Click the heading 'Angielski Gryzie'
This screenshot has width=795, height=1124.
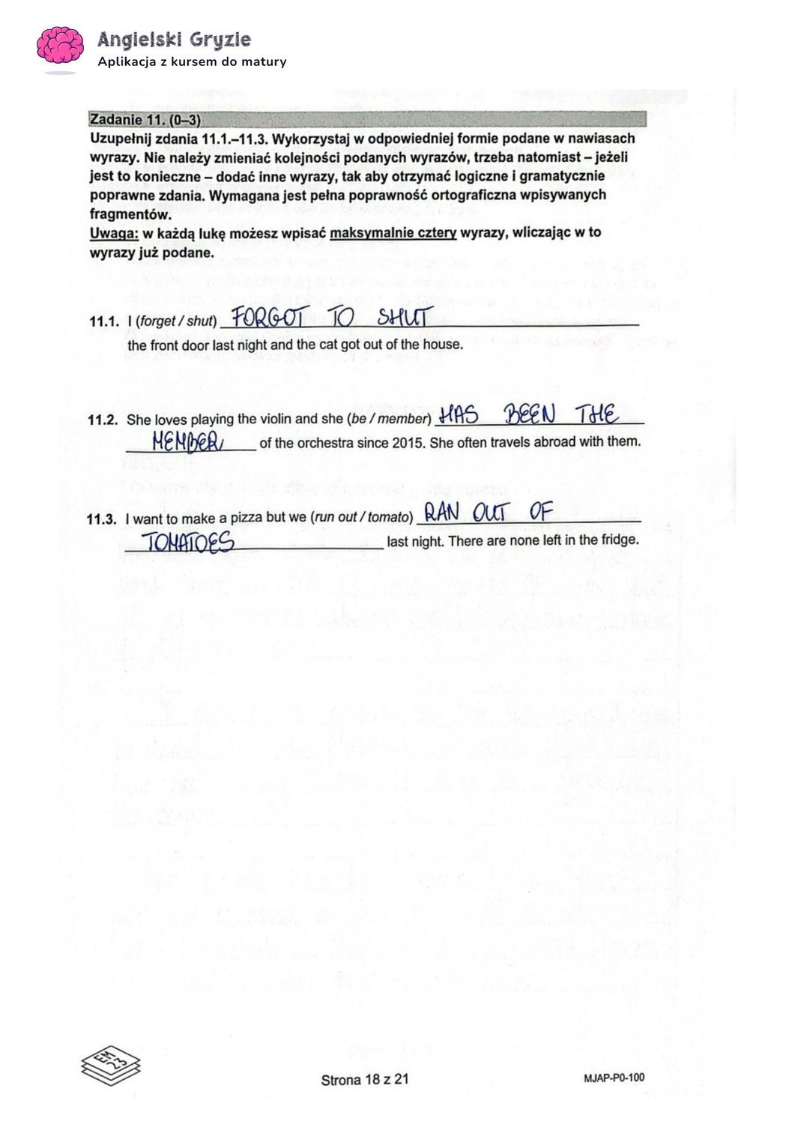[174, 39]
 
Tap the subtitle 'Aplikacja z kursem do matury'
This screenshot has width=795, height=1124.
[192, 62]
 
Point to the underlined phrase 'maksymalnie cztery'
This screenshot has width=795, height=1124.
[393, 233]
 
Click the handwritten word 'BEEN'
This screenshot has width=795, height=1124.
[529, 414]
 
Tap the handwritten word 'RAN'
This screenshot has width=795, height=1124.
[441, 513]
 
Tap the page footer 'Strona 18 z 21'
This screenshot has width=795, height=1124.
[365, 1080]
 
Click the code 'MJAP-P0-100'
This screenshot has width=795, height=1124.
[613, 1078]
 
